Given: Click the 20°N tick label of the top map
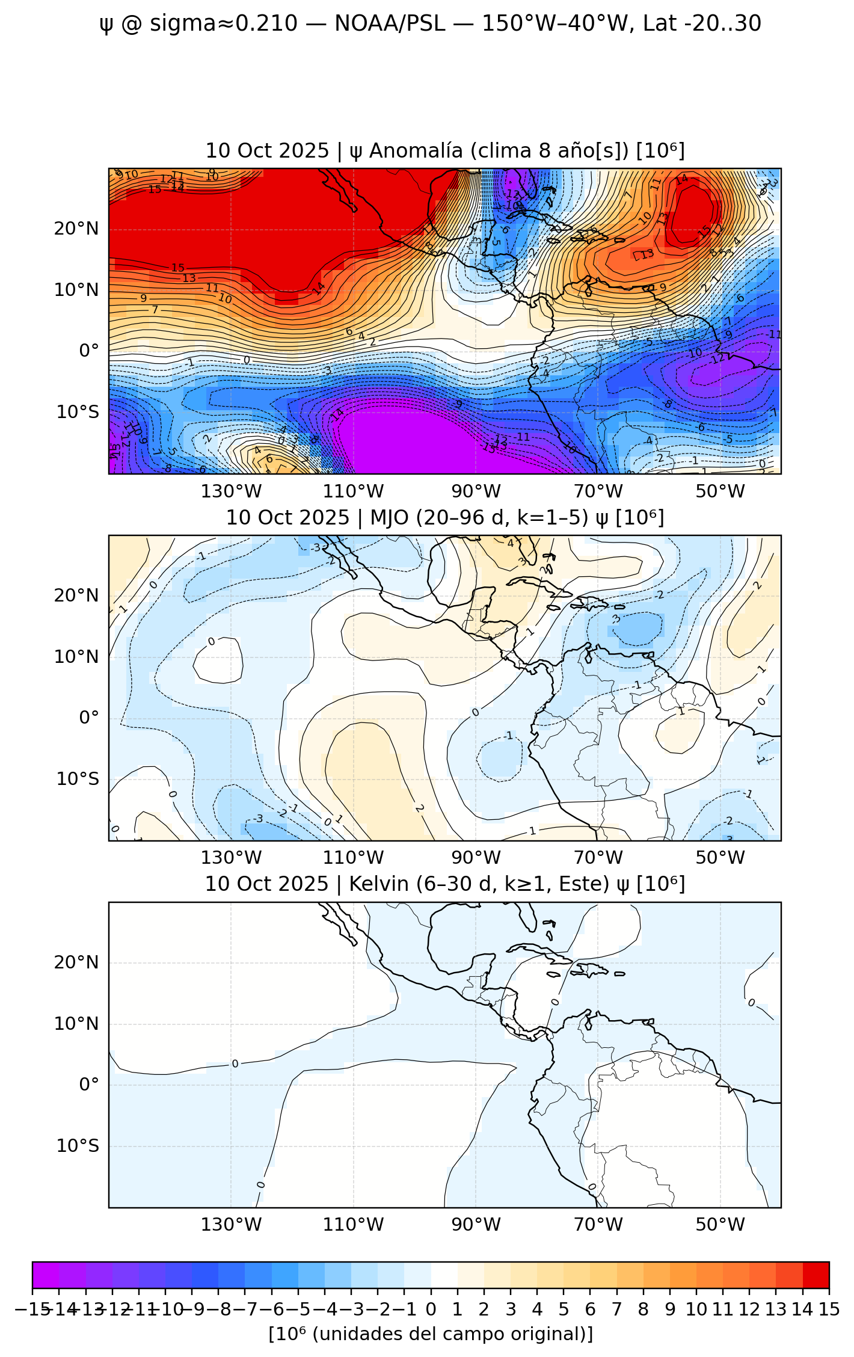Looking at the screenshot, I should tap(76, 229).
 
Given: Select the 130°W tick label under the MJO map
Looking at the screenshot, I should tap(231, 858).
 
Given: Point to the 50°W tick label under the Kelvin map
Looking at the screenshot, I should tap(720, 1225).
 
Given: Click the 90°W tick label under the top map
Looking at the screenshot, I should tap(476, 491).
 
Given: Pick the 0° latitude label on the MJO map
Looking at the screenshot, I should tap(89, 718).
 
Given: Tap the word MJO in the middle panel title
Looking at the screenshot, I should tap(390, 517).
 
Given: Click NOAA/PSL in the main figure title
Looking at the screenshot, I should tap(390, 23).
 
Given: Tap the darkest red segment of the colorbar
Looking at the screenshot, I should tap(816, 1275).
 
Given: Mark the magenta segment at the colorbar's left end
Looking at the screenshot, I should tap(46, 1275).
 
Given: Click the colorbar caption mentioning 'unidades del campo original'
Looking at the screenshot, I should tap(431, 1334).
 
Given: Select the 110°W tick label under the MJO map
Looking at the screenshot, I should tap(353, 858).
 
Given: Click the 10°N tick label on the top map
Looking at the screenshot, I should tap(76, 290).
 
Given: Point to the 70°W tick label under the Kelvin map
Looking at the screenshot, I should tap(598, 1225).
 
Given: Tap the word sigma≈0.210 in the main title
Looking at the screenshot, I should tap(224, 23).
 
